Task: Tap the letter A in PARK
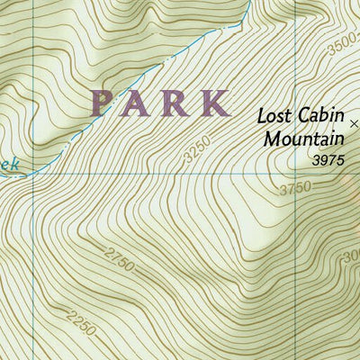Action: coord(139,103)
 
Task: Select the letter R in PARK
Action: coord(176,103)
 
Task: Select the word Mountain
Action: coord(304,139)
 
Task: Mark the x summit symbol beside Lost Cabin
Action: coord(354,122)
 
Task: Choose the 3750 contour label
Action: coord(296,188)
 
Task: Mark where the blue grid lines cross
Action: coord(35,174)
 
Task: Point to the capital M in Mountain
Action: coord(272,139)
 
